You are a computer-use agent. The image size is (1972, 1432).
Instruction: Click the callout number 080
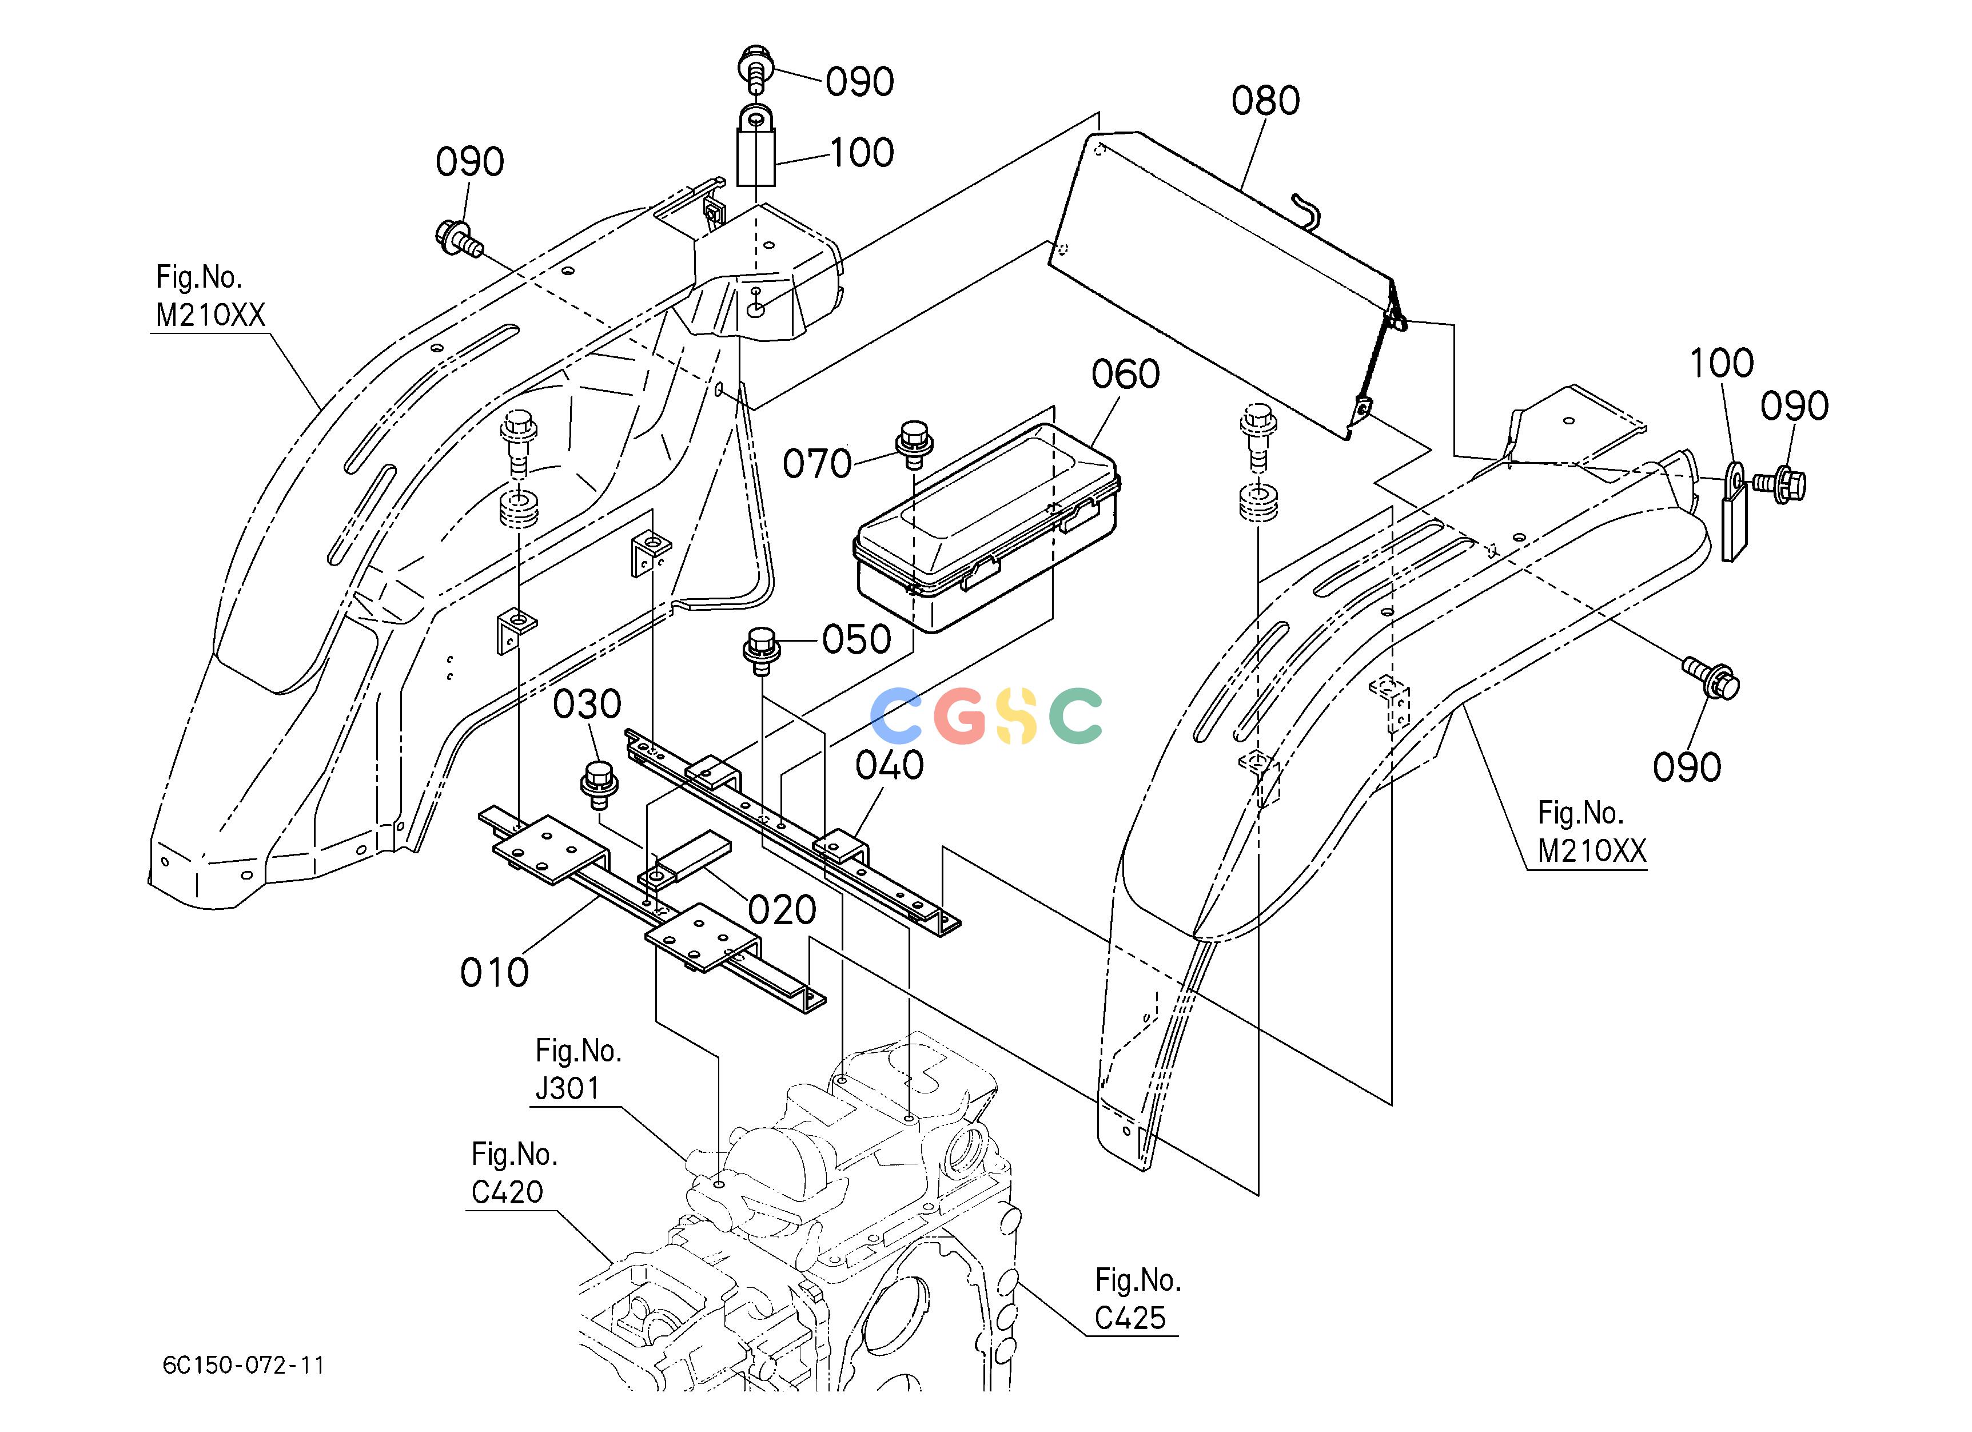(1265, 101)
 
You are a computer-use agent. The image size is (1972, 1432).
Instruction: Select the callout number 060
(1125, 375)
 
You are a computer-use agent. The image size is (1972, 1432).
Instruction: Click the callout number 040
(889, 765)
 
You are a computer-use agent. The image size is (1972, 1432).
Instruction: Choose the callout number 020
(782, 910)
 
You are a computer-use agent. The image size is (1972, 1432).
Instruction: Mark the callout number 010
(494, 972)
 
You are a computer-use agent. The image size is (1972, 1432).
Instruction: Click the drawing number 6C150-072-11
(244, 1365)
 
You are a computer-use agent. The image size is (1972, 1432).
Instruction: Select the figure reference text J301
(567, 1088)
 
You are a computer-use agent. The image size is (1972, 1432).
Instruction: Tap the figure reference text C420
(507, 1191)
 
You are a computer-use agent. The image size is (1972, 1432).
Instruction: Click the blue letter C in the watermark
(897, 715)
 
